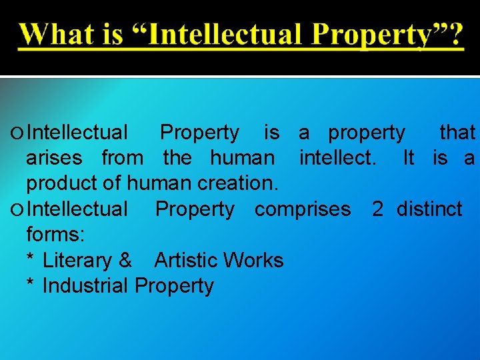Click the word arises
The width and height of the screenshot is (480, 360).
54,159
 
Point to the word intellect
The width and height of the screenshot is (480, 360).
337,159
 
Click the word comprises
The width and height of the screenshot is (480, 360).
303,209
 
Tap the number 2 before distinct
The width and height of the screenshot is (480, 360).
377,209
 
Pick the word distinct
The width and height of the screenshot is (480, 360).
429,209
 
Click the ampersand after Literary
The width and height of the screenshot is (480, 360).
125,260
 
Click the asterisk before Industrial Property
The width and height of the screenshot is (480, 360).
30,284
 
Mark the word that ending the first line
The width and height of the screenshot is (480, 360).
457,133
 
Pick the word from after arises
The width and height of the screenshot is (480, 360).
122,159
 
